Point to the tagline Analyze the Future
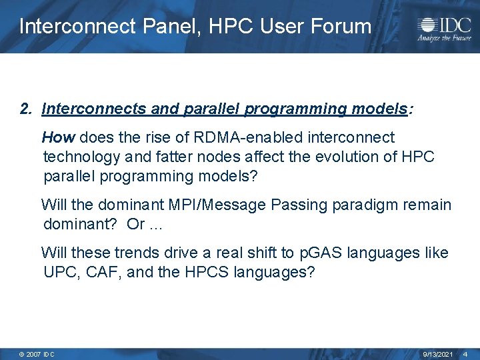tap(443, 39)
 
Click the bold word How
tap(59, 138)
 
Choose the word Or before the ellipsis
tap(135, 225)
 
